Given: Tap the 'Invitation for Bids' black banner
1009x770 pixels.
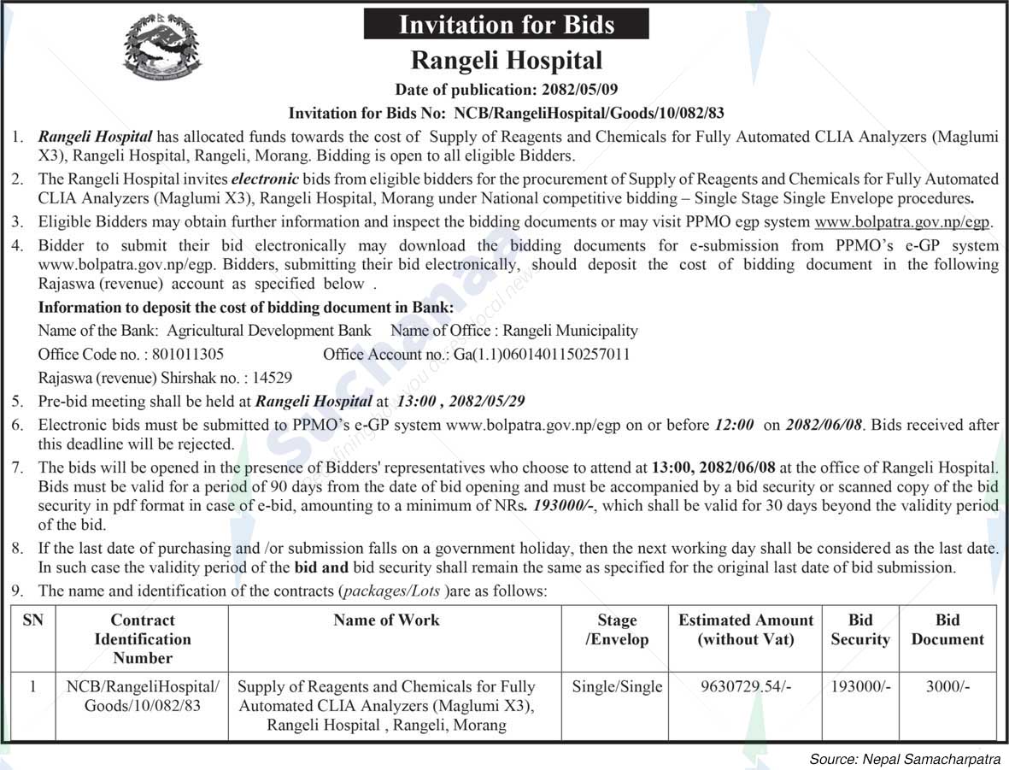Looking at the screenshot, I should tap(506, 24).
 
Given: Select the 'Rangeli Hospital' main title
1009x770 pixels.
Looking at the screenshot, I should tap(506, 61).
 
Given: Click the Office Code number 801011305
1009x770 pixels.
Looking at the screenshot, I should tap(187, 354).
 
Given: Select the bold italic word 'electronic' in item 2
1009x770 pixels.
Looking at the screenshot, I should tap(266, 179).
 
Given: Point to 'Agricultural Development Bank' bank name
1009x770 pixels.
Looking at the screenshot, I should tap(269, 331).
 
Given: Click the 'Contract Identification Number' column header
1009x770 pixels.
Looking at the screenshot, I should tap(143, 639).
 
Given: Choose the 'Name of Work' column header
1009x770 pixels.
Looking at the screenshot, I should tap(386, 620).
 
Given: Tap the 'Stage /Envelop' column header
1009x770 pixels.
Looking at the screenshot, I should tap(617, 630).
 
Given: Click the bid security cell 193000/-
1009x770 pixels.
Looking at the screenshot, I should tap(859, 686).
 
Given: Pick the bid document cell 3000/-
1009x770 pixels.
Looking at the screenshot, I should tap(947, 686).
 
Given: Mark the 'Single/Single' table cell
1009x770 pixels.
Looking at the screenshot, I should tap(617, 686).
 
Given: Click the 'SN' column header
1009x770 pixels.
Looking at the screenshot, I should tap(32, 620).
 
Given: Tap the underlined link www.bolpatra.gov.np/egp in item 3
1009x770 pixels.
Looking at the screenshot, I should tap(902, 222).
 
